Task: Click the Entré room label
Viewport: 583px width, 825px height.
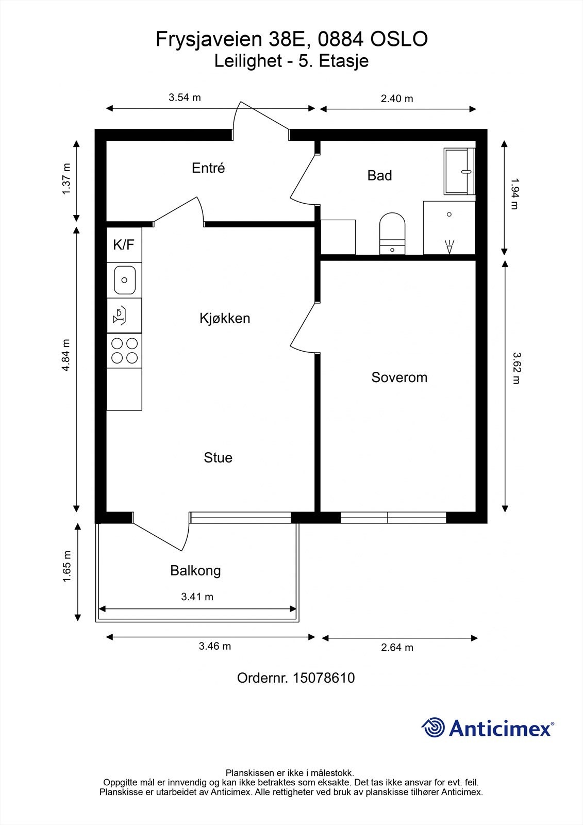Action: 208,168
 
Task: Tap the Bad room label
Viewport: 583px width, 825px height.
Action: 379,176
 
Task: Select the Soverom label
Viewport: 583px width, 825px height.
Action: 399,377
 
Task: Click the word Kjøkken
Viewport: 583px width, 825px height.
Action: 225,319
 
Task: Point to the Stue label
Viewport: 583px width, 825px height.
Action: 218,458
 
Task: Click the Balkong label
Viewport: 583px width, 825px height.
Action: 195,571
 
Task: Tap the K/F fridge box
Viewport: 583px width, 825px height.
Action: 124,244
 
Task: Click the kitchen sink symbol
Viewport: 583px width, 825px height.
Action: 124,280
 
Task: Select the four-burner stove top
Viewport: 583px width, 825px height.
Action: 124,351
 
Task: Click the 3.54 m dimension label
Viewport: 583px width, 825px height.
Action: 185,97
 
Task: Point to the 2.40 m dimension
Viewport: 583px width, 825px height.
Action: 397,98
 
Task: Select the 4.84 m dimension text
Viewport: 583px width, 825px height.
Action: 65,355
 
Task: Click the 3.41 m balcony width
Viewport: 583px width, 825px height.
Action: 197,597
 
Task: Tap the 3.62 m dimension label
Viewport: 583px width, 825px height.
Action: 516,368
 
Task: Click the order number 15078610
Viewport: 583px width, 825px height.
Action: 323,678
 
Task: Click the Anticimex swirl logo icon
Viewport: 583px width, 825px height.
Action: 433,728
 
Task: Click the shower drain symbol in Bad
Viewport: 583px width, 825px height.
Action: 449,214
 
